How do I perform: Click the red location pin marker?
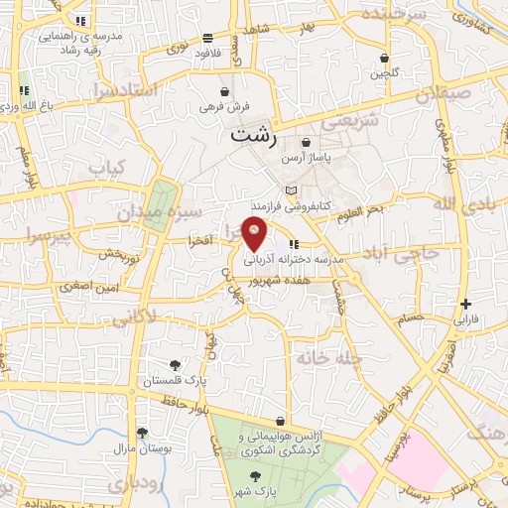255,233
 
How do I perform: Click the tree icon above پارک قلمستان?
175,365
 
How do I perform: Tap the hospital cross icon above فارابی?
464,305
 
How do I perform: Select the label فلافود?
207,52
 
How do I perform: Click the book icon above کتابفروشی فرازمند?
290,190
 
